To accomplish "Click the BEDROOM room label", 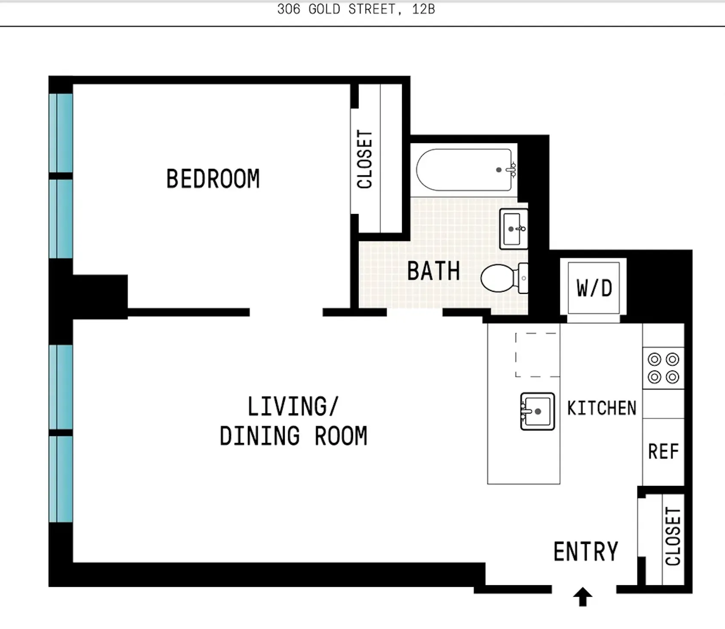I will pyautogui.click(x=213, y=179).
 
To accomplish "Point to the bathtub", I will pyautogui.click(x=465, y=170).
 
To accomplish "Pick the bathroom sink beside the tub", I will pyautogui.click(x=513, y=229).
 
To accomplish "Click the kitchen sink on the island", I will pyautogui.click(x=537, y=411).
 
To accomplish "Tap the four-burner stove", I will pyautogui.click(x=663, y=368).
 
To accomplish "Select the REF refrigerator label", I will pyautogui.click(x=663, y=452).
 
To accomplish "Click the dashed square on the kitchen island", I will pyautogui.click(x=537, y=355).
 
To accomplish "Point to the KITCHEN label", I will pyautogui.click(x=601, y=408).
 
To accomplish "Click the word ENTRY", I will pyautogui.click(x=586, y=552).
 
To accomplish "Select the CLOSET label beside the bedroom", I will pyautogui.click(x=365, y=159).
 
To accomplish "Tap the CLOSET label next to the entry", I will pyautogui.click(x=673, y=536).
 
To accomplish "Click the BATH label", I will pyautogui.click(x=433, y=271).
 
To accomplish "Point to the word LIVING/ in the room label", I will pyautogui.click(x=293, y=406).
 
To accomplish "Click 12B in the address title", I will pyautogui.click(x=423, y=9).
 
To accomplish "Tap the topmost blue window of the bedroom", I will pyautogui.click(x=61, y=133).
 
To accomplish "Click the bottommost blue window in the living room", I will pyautogui.click(x=61, y=479).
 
